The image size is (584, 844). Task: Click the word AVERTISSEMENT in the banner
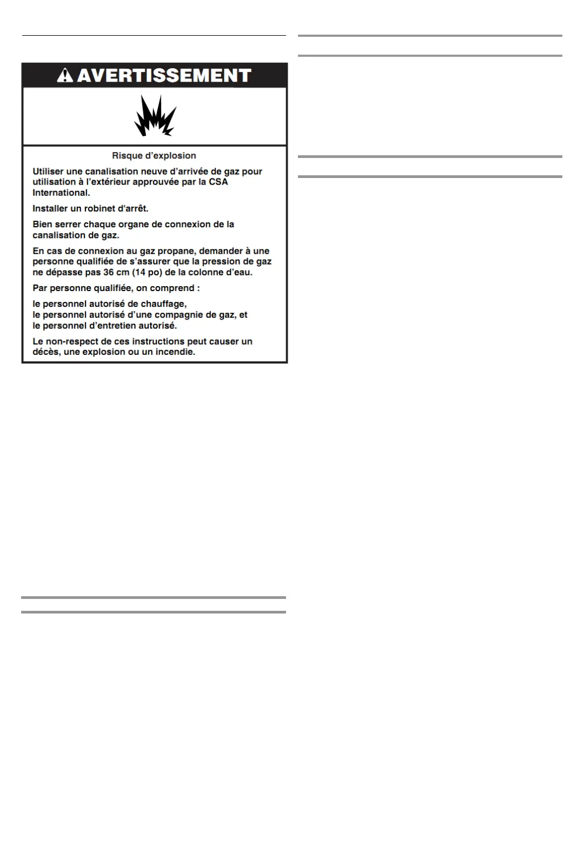164,75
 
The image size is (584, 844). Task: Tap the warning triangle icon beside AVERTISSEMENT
65,75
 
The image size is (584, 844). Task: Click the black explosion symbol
155,116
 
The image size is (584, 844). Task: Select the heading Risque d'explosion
154,156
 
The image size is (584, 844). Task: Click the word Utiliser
48,172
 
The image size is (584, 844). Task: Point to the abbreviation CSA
218,182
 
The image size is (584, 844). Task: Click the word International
61,193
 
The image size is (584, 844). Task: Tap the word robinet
100,208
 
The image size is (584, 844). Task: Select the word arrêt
136,208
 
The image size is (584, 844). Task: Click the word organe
134,224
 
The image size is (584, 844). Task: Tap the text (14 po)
147,272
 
